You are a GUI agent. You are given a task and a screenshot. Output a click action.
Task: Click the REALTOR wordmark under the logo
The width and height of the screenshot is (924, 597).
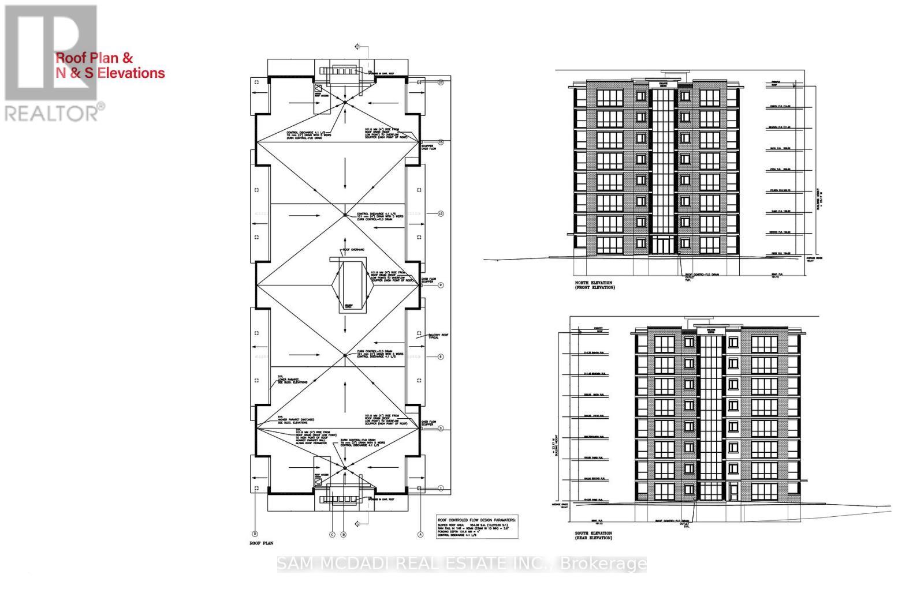[x=55, y=112]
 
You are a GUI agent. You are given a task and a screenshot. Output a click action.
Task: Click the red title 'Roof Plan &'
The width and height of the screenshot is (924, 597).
[x=94, y=58]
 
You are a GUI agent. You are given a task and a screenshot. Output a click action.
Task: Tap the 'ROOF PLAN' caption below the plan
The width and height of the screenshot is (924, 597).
[x=260, y=543]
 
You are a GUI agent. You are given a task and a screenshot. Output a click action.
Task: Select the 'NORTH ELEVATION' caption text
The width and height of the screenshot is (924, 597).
[x=593, y=283]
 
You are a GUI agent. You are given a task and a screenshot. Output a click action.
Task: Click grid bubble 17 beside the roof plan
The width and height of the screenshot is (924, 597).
[x=440, y=82]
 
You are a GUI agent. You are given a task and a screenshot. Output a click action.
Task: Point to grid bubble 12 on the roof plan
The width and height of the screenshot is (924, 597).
[x=440, y=214]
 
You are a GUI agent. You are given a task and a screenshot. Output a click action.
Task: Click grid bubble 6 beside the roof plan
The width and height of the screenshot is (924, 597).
[x=440, y=357]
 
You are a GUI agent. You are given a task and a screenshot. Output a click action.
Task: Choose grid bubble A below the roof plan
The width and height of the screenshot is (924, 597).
[x=420, y=535]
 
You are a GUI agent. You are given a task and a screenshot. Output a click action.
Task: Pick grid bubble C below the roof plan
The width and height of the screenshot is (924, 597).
[x=332, y=535]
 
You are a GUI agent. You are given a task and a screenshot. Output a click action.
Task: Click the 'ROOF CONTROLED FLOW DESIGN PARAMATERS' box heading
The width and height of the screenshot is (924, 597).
[x=477, y=519]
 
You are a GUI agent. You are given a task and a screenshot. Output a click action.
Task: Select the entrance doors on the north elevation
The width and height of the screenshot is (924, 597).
[x=664, y=245]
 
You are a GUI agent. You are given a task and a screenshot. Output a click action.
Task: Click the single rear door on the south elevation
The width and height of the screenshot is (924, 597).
[x=733, y=492]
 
